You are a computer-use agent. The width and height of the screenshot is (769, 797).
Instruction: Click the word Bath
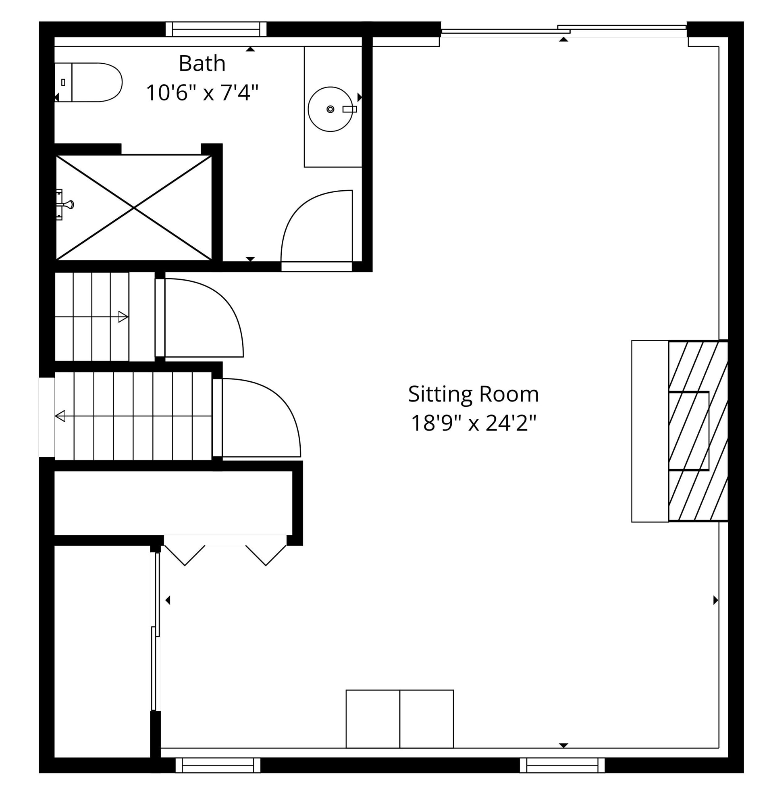(x=202, y=63)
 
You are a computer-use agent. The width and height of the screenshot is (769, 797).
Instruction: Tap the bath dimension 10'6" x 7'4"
(x=202, y=93)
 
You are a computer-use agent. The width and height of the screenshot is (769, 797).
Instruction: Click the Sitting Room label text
(x=473, y=394)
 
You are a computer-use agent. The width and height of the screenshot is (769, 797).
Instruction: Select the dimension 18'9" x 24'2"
(x=473, y=423)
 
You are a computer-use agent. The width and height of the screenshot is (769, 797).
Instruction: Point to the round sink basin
(x=330, y=109)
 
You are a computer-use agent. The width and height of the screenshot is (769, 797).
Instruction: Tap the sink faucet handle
(x=349, y=109)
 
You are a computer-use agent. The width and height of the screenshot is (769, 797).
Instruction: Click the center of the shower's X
(x=134, y=208)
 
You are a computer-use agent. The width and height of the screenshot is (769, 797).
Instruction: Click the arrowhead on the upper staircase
(x=123, y=316)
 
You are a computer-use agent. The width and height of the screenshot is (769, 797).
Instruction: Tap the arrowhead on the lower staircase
(x=60, y=416)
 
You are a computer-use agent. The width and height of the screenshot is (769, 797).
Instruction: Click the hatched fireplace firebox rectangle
(x=688, y=431)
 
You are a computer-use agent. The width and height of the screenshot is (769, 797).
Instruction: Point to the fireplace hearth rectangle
(x=650, y=431)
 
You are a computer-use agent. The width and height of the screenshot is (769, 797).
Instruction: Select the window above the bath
(x=216, y=29)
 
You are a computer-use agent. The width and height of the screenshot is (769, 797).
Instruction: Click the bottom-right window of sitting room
(x=562, y=765)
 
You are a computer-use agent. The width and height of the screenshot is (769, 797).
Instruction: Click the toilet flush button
(x=63, y=82)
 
